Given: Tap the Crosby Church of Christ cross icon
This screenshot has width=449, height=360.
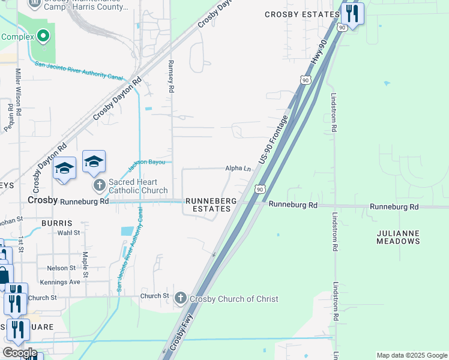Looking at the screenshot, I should tap(181, 298).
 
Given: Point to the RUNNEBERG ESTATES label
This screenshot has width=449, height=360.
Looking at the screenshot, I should tap(208, 205).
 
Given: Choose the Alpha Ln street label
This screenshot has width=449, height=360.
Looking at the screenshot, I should tap(238, 169).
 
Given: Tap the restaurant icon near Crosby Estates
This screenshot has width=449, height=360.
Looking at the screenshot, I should tap(352, 14).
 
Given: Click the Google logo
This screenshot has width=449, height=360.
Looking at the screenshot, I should tap(20, 352).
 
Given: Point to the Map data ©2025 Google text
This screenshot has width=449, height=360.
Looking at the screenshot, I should tap(411, 355).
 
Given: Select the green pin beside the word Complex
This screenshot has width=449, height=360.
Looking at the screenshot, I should tap(43, 37).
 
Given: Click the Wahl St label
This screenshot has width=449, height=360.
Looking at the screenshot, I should tap(69, 233).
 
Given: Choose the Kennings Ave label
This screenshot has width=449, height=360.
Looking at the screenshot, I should tap(60, 282).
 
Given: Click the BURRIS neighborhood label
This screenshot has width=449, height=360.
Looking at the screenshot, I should tap(58, 223).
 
